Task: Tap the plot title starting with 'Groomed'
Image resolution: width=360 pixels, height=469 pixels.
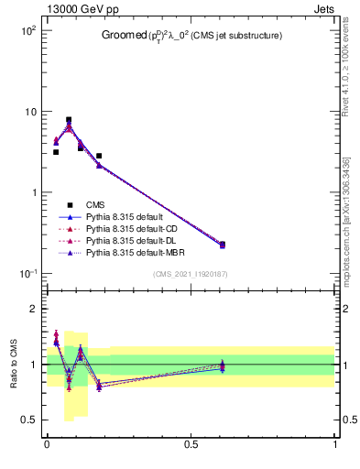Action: coord(191,36)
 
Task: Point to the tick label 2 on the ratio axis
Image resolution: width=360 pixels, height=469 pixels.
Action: coord(36,310)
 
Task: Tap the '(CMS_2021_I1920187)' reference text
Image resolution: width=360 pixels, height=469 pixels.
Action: coord(191,274)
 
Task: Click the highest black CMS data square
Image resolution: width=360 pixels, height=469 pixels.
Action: coord(69,119)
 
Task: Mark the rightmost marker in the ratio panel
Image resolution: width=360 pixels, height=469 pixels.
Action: coord(222,365)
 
